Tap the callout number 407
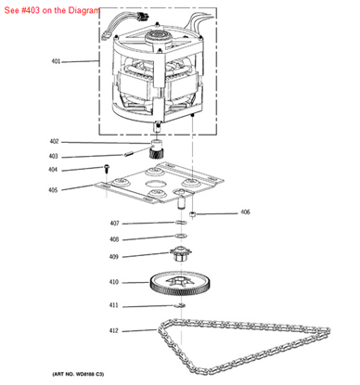114,224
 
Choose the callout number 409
114,256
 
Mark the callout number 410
114,282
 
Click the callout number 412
114,330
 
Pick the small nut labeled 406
191,215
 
